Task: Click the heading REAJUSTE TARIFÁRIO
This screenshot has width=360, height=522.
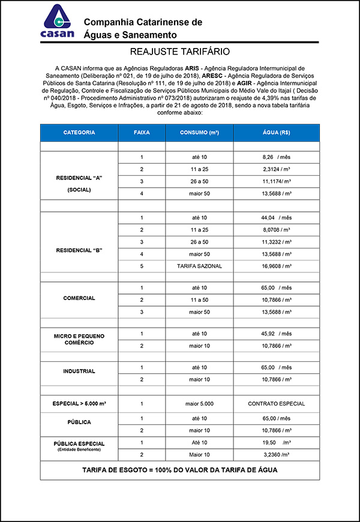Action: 180,52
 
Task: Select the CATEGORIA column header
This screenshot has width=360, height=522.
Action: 79,132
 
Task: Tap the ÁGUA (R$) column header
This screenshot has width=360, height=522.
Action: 276,132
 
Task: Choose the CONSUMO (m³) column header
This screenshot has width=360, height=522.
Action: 199,132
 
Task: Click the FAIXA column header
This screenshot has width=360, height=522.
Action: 142,132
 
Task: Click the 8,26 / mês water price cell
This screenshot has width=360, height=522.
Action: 276,157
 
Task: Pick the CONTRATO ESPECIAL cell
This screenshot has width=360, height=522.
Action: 276,404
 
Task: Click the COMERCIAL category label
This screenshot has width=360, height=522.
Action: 79,298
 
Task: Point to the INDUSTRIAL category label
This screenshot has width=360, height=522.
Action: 79,371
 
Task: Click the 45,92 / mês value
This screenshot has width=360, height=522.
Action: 276,334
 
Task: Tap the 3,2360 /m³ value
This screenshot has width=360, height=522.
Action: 276,454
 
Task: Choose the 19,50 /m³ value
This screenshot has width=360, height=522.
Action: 276,442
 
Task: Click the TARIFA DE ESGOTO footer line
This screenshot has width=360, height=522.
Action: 180,470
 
